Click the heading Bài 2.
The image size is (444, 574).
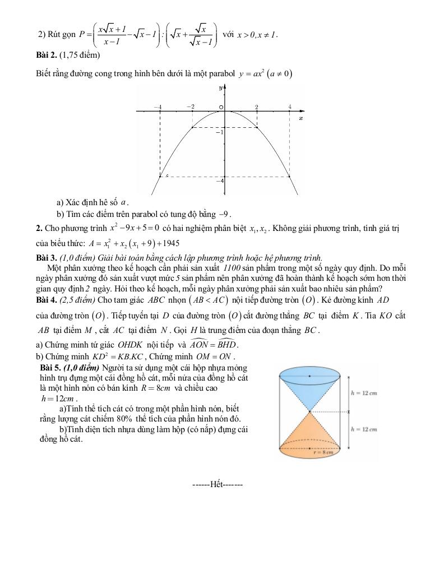click(47, 55)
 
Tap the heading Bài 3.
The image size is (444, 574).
click(47, 258)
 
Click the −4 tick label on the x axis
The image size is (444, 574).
click(158, 107)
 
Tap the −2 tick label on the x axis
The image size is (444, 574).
click(191, 107)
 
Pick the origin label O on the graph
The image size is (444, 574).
click(221, 107)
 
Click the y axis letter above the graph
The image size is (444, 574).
click(220, 89)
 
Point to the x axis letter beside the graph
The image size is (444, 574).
click(301, 118)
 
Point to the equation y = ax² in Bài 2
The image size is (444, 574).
click(266, 73)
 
